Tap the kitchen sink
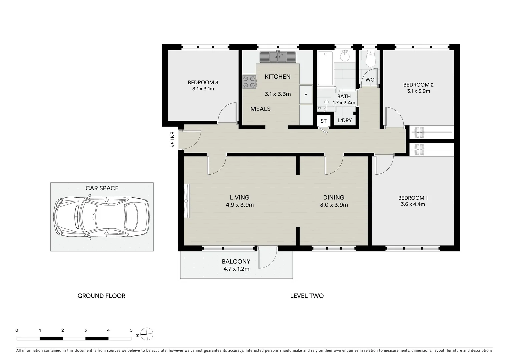[278, 57]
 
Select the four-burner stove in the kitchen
[249, 82]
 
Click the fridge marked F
[306, 95]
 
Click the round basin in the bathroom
[345, 56]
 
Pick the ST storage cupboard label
[323, 121]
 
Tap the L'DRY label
[345, 120]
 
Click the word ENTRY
[172, 139]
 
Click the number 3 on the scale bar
[86, 330]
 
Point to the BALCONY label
[236, 261]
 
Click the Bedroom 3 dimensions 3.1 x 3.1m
[203, 89]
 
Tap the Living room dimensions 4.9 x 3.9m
[240, 205]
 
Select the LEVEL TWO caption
[307, 296]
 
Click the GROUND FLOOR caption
[101, 296]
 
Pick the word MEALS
[261, 109]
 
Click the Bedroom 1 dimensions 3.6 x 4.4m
[413, 204]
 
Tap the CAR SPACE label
[102, 188]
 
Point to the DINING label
[334, 198]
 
